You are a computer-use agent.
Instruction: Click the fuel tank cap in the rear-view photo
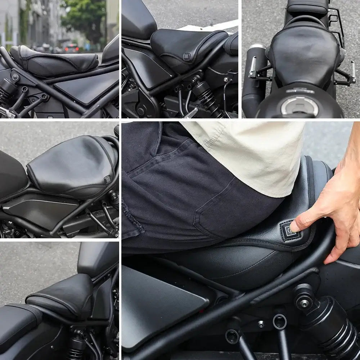(300, 105)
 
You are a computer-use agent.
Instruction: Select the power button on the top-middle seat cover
(187, 57)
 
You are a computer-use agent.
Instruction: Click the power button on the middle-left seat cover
(107, 179)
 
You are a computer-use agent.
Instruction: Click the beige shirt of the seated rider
(252, 151)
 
